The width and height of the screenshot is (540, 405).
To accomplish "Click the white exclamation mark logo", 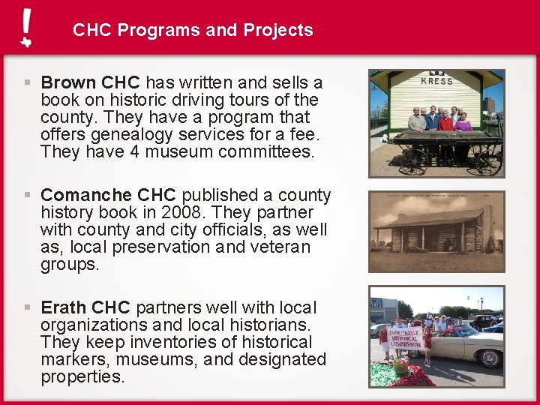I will [26, 28].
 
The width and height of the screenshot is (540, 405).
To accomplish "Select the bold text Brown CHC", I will [91, 82].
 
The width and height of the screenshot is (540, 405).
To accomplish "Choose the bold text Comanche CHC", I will [111, 196].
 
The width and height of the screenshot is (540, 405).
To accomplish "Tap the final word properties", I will [82, 376].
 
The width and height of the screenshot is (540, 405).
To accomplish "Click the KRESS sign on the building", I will [436, 81].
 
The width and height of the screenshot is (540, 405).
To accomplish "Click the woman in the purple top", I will [463, 121].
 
